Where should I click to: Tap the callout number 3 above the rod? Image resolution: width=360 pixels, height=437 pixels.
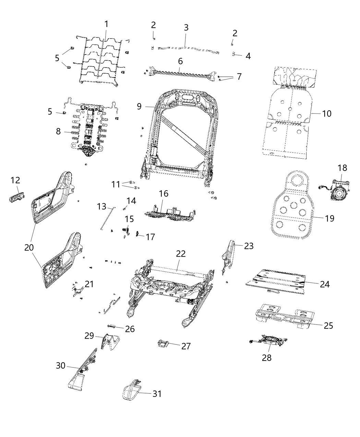click(186, 28)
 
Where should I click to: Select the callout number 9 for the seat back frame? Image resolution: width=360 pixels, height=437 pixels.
click(139, 106)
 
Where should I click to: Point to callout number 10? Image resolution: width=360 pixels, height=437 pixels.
click(327, 113)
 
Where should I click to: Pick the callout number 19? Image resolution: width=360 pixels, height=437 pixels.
click(329, 218)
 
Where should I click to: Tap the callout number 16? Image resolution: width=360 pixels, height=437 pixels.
click(164, 194)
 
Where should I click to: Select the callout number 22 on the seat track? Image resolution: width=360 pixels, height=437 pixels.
click(181, 254)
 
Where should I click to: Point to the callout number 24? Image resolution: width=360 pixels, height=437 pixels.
click(325, 284)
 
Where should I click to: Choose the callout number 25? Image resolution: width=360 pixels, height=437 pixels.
click(328, 325)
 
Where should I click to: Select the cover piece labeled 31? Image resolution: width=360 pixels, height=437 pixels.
click(132, 391)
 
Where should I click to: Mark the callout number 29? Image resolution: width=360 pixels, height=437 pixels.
click(89, 336)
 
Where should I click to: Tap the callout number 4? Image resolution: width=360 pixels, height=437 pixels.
click(248, 56)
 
